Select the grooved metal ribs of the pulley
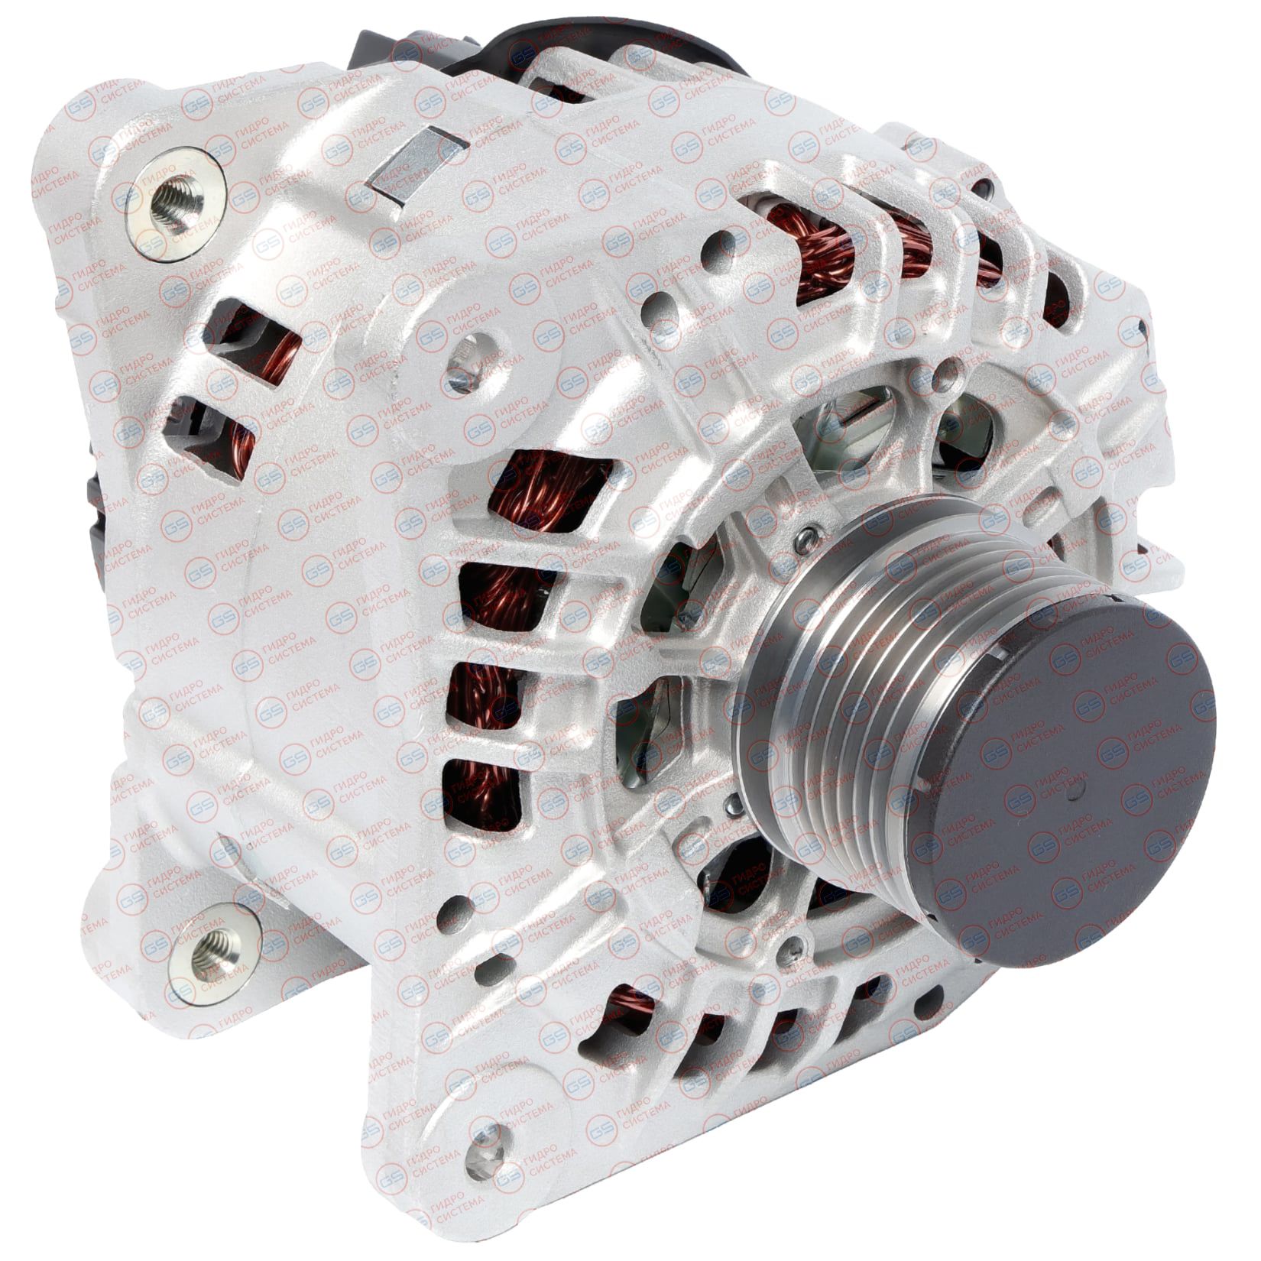(864, 680)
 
